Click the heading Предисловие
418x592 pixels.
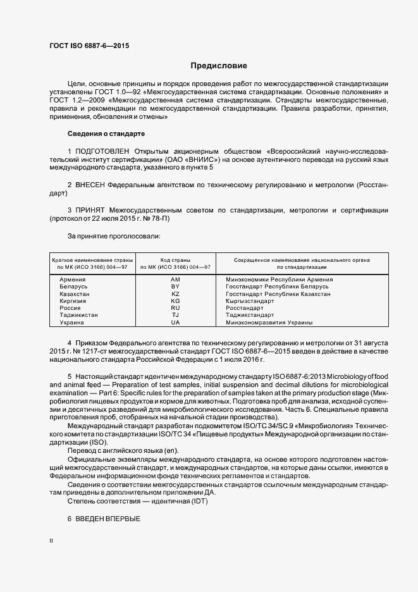[219, 66]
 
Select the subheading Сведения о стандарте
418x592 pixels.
[106, 134]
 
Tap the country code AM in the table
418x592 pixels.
[176, 280]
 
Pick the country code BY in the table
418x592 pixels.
[176, 287]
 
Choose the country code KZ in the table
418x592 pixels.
[176, 294]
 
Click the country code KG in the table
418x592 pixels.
[176, 301]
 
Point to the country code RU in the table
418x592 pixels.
[176, 308]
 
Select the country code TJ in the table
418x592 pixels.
[176, 315]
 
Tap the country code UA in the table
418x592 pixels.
[176, 323]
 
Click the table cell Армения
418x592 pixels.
[73, 280]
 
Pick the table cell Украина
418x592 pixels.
[72, 323]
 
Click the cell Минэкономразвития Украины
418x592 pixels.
[269, 323]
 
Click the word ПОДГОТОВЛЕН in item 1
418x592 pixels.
[102, 152]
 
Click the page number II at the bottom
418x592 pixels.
[51, 541]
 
